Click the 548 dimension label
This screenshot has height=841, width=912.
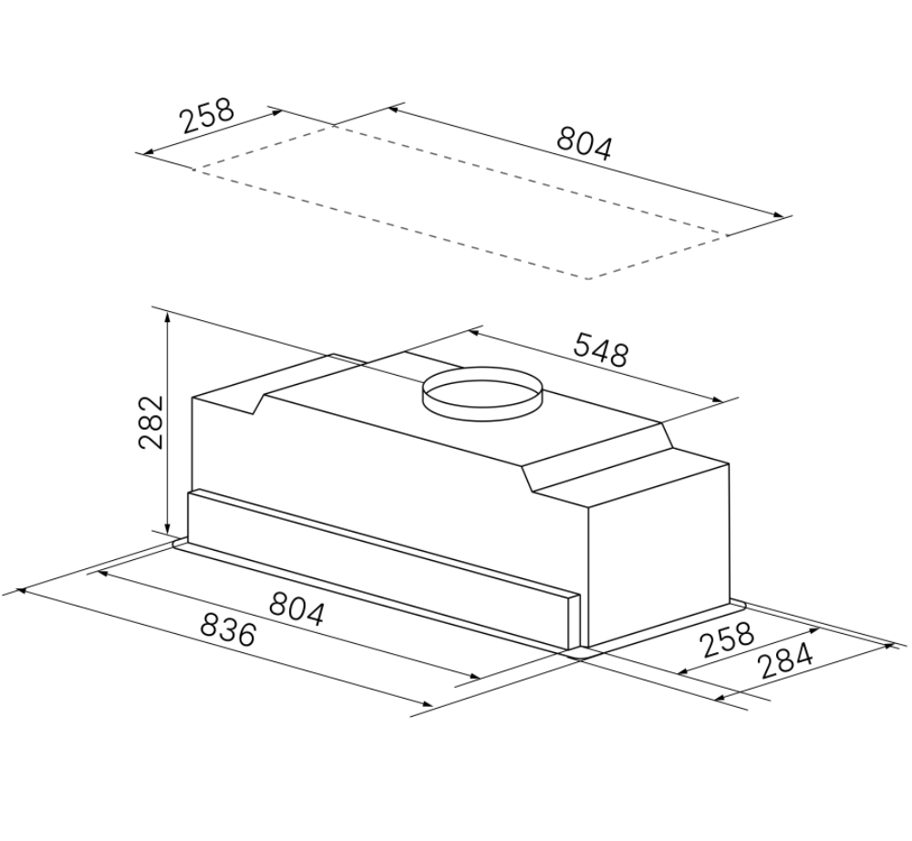tap(601, 349)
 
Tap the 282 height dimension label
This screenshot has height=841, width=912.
tap(151, 422)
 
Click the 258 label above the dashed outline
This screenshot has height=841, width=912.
tap(207, 116)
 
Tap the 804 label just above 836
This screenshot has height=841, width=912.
tap(296, 607)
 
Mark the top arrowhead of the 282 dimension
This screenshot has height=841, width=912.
tap(168, 317)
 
